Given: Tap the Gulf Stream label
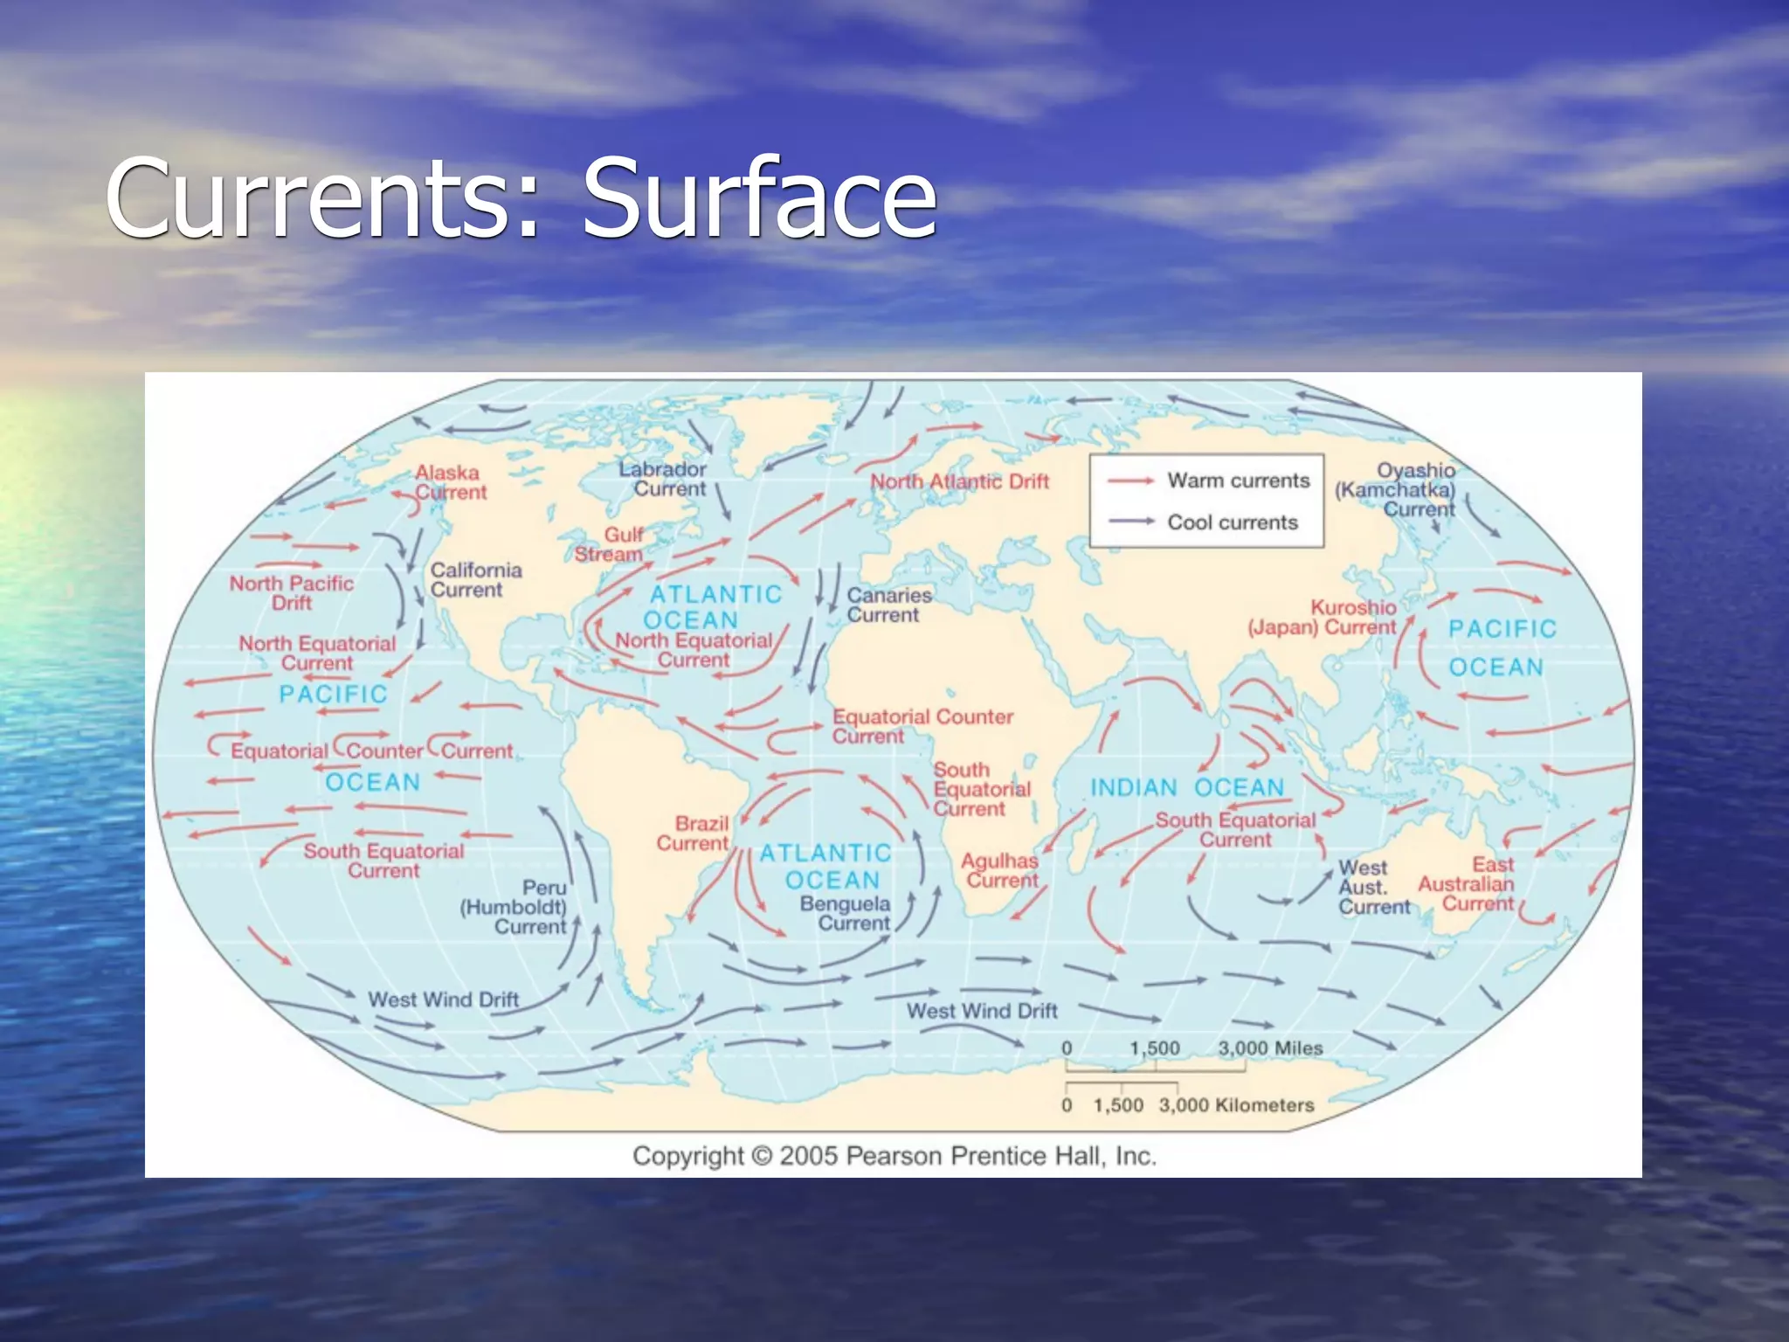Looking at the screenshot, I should [x=610, y=544].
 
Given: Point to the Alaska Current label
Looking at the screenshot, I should [x=450, y=482].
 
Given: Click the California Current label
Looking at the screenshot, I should [x=475, y=579].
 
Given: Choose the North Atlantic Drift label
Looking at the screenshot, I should [x=959, y=481].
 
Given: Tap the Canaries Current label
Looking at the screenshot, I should [x=888, y=605].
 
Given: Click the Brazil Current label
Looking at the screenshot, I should [x=694, y=834].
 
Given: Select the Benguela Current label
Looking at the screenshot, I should [x=846, y=913].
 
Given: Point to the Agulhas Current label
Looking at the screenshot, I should [x=1001, y=870].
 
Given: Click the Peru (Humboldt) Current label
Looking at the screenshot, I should [x=515, y=907].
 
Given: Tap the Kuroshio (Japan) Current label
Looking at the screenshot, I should [x=1322, y=618].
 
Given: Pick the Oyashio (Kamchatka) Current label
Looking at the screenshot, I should [x=1396, y=489].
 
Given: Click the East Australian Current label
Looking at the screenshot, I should [x=1468, y=883].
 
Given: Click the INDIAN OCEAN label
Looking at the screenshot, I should [x=1187, y=788].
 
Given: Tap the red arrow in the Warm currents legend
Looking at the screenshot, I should [x=1131, y=481].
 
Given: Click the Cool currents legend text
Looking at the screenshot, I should [x=1233, y=522].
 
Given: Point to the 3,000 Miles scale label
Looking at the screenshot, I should [x=1270, y=1048].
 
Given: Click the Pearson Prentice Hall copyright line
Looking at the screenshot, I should [x=894, y=1156].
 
